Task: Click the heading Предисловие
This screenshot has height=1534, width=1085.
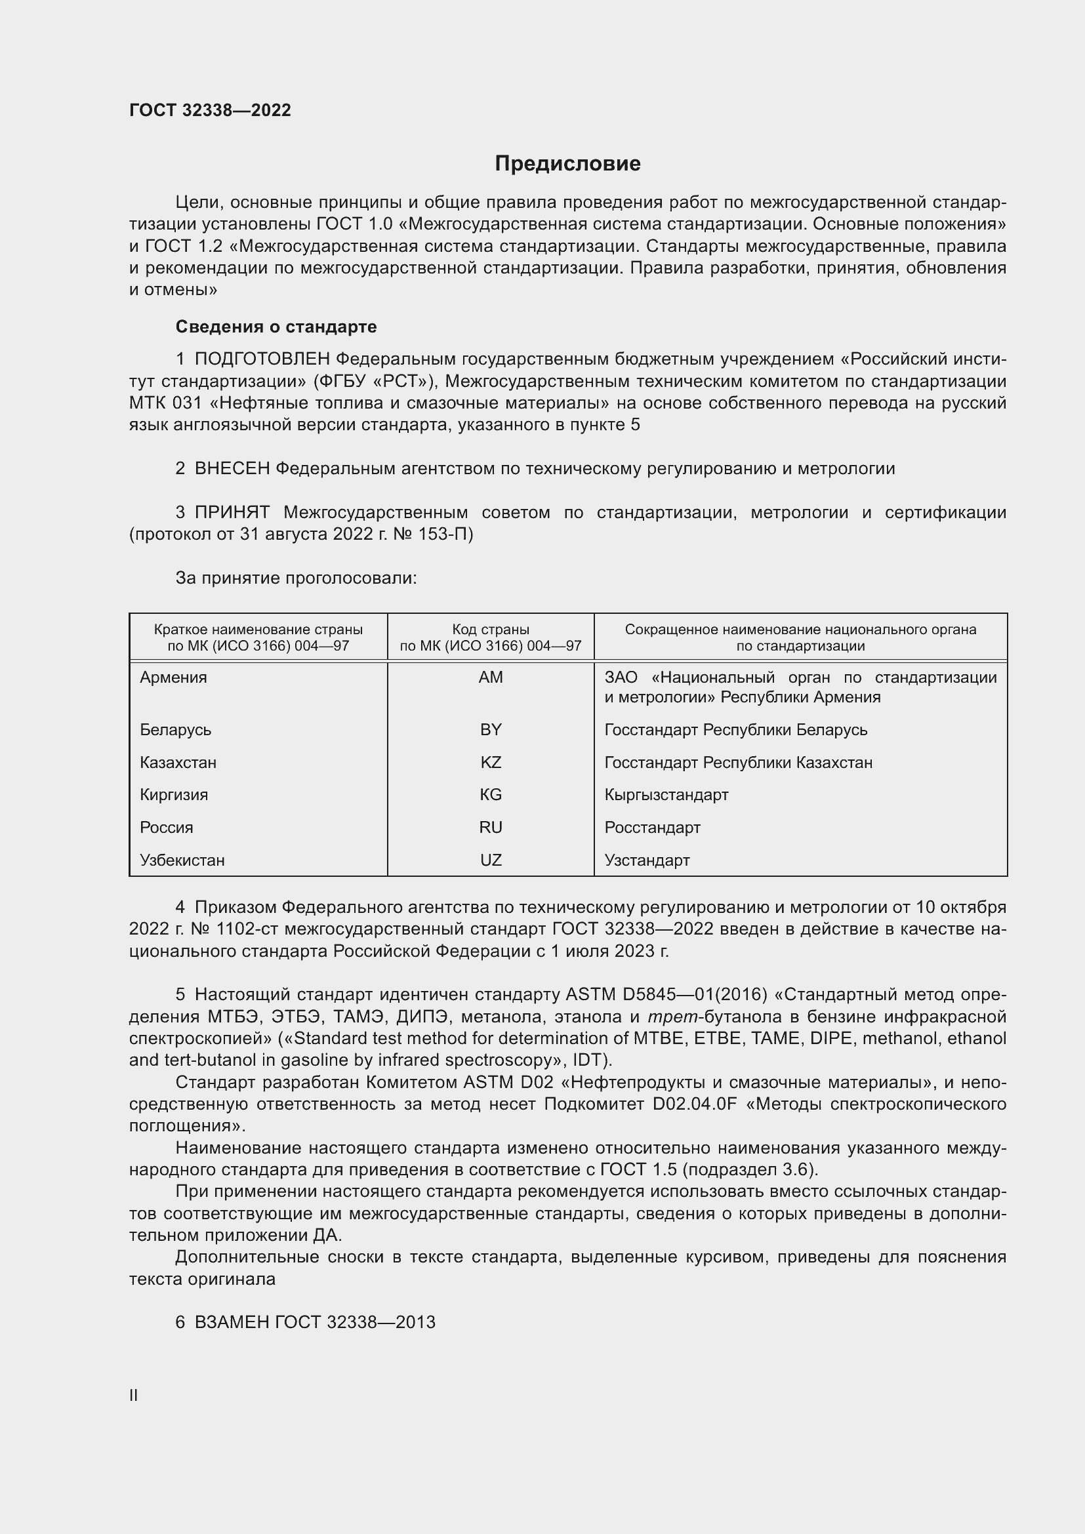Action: pyautogui.click(x=567, y=164)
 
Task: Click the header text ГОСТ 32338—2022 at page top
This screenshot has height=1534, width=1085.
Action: pyautogui.click(x=210, y=110)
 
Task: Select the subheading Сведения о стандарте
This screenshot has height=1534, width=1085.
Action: pyautogui.click(x=276, y=327)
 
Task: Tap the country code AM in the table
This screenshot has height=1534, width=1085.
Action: pyautogui.click(x=491, y=677)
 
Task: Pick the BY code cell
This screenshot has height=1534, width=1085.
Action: pyautogui.click(x=491, y=729)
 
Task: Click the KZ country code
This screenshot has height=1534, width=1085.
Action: pyautogui.click(x=491, y=762)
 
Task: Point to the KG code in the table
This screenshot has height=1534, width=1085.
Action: pyautogui.click(x=491, y=794)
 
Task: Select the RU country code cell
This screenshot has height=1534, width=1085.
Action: pyautogui.click(x=491, y=827)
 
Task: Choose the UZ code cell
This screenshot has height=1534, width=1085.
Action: pyautogui.click(x=491, y=860)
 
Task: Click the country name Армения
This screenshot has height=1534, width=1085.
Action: pyautogui.click(x=173, y=677)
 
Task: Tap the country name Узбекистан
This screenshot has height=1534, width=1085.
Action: pyautogui.click(x=182, y=860)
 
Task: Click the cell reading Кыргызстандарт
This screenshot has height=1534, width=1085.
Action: pyautogui.click(x=666, y=794)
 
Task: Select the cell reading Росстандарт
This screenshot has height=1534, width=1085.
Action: pyautogui.click(x=652, y=827)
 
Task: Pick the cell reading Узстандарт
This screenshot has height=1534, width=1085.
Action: pyautogui.click(x=647, y=860)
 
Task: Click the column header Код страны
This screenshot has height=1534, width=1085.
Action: pyautogui.click(x=491, y=630)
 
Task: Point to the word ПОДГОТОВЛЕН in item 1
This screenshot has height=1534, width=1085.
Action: pyautogui.click(x=262, y=359)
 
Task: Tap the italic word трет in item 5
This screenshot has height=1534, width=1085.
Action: pyautogui.click(x=668, y=1017)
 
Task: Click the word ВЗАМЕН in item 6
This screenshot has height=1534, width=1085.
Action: pyautogui.click(x=231, y=1322)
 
